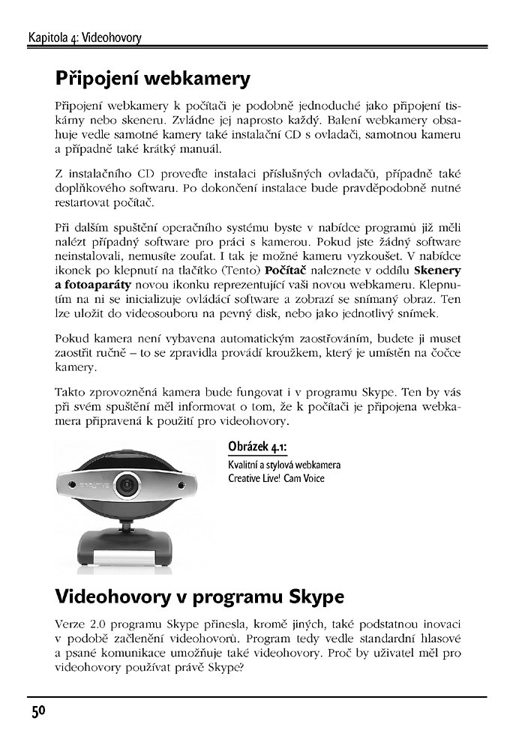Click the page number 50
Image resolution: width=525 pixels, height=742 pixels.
38,711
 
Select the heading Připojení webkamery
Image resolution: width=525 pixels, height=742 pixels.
152,78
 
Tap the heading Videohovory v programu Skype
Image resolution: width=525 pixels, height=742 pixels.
199,597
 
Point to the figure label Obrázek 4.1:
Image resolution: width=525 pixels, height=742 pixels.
257,448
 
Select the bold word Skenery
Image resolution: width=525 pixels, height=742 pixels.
437,271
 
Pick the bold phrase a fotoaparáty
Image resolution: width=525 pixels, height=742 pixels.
93,285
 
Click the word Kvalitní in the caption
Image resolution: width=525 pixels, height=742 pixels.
244,465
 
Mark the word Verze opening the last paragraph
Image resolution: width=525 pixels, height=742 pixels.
70,624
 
